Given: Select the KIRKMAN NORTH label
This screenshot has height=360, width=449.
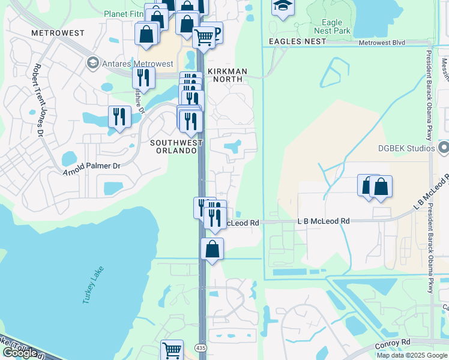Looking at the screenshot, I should coord(227,71).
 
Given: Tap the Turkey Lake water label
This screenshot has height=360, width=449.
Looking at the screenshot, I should coord(93,284).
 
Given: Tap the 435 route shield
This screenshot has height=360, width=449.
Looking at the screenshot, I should coord(201,347).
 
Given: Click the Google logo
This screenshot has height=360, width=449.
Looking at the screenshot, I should coord(19,353).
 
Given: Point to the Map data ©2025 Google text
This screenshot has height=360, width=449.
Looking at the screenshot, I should coord(412,355).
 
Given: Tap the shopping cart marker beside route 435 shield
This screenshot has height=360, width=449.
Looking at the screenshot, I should coord(172,349).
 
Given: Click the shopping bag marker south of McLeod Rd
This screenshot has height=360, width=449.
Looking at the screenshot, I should coord(212,248).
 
